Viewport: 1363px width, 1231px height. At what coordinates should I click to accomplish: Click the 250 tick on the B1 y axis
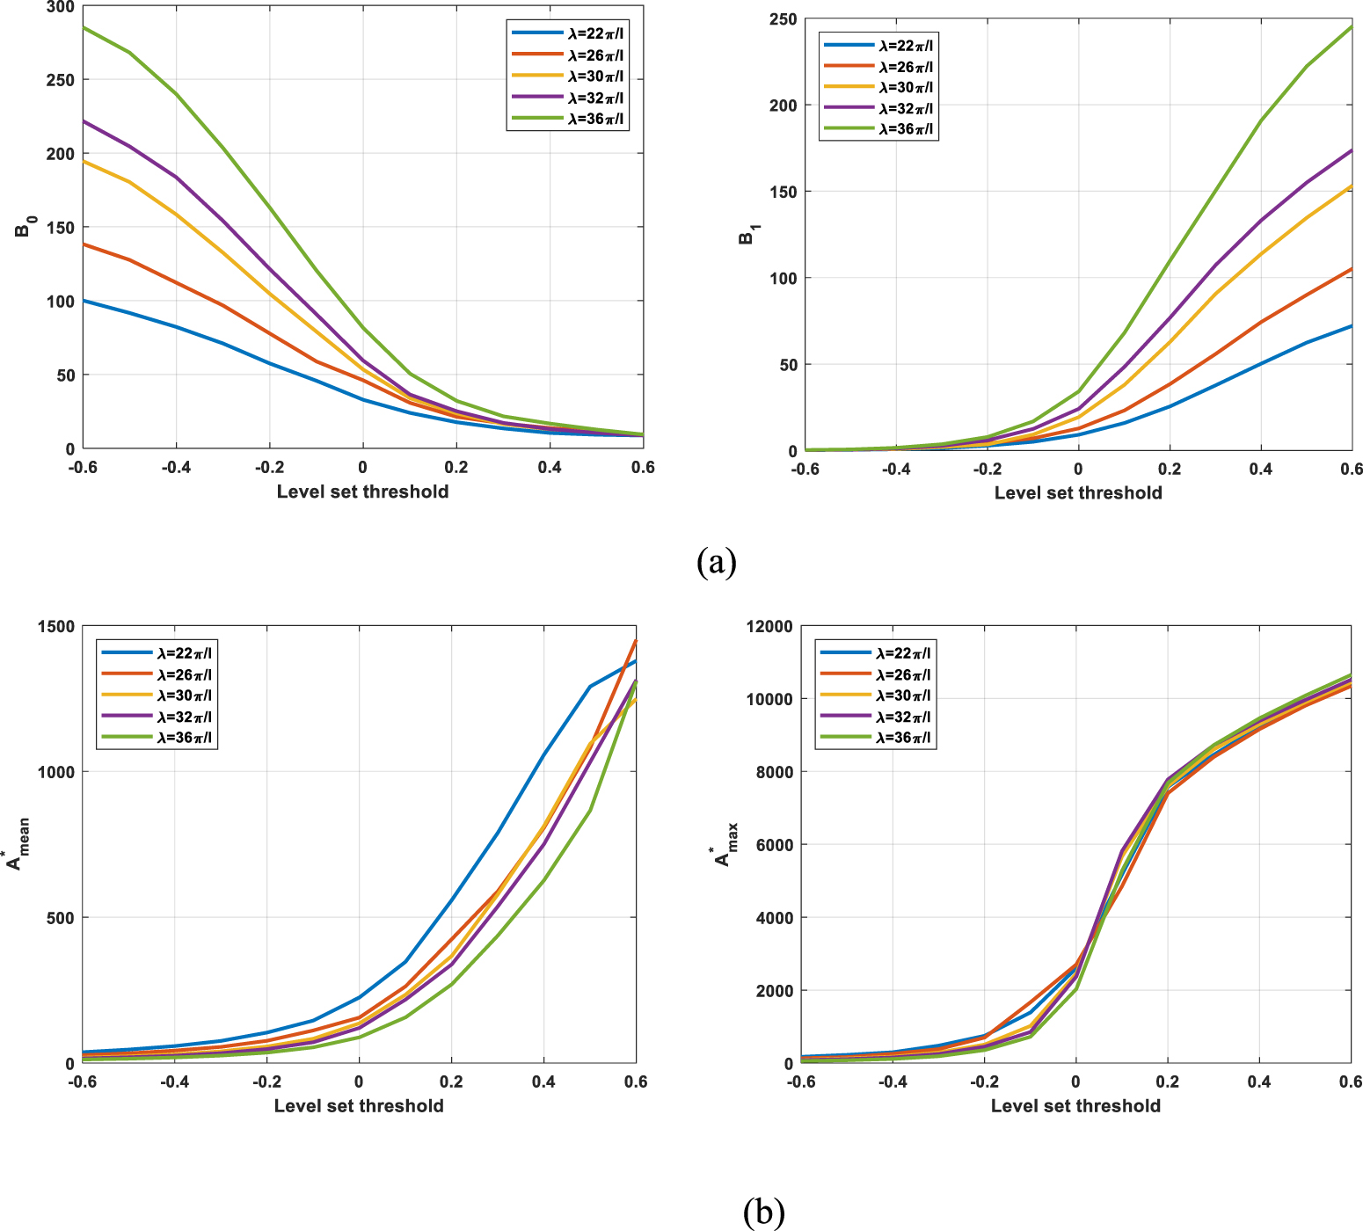tap(784, 19)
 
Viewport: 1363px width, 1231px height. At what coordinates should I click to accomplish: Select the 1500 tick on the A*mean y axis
tap(55, 626)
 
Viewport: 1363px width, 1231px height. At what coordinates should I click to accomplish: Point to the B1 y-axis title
tap(747, 233)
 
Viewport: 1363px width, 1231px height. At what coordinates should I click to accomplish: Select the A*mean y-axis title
tap(18, 844)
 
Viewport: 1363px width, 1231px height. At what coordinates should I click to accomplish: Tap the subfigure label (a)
tap(716, 561)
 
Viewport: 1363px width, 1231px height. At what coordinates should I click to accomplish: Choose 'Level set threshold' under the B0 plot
tap(362, 492)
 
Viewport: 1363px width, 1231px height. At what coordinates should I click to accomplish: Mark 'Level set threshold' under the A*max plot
tap(1075, 1105)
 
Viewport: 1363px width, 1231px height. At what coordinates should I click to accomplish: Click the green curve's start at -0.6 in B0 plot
tap(84, 27)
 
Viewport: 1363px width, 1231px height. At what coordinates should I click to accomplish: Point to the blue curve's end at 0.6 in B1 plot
tap(1351, 326)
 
